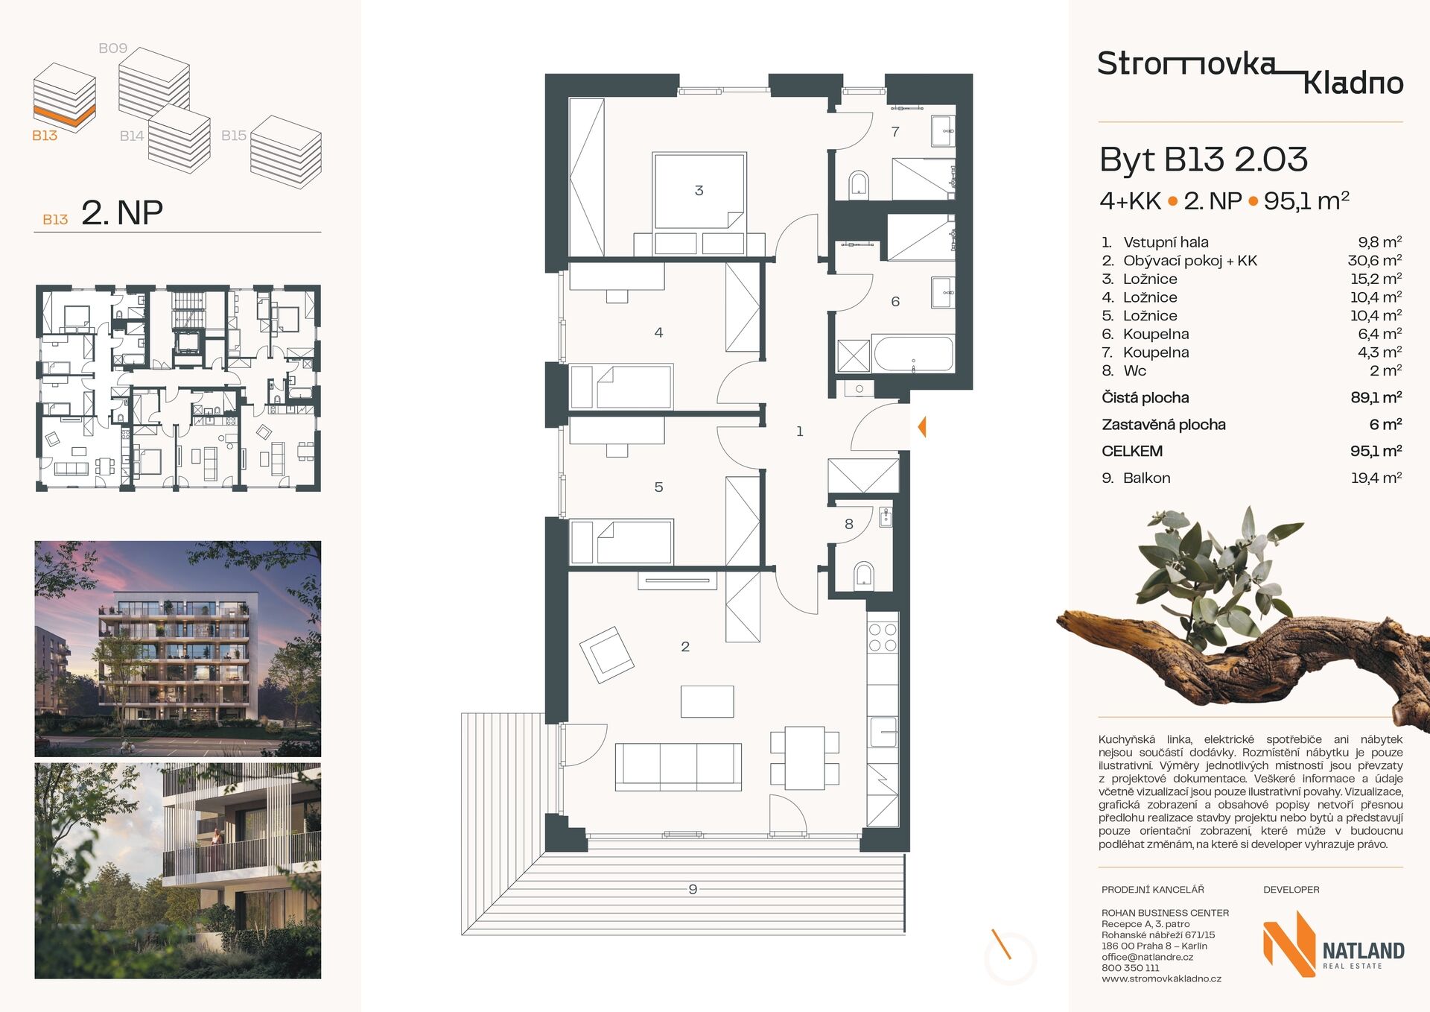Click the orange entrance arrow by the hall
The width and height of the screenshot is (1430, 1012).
[922, 427]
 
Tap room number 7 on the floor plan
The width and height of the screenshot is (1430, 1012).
[895, 132]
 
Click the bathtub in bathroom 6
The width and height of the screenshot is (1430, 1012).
[913, 354]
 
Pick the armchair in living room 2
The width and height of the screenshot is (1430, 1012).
[607, 655]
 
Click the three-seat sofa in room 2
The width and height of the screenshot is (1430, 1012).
[678, 767]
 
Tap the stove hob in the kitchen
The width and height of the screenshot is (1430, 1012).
[883, 638]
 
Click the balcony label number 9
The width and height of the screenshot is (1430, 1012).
[693, 889]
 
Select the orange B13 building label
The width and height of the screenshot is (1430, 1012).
[45, 136]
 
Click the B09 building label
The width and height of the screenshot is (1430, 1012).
[113, 48]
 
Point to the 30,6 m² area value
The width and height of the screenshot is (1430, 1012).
[1375, 261]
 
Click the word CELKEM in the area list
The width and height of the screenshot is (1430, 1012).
[1132, 451]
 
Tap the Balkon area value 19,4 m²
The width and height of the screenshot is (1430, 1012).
[1376, 478]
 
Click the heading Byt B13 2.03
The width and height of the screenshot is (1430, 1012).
[1204, 159]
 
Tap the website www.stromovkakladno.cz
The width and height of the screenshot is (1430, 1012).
[1161, 979]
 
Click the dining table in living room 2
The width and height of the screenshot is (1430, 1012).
[804, 758]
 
